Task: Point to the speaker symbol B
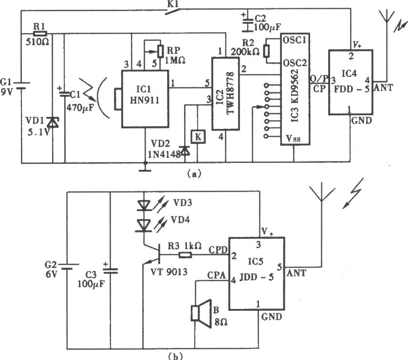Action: click(201, 313)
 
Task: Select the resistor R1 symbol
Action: click(40, 33)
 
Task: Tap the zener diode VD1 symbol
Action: click(53, 122)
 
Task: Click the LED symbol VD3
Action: click(144, 205)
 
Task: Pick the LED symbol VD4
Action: click(144, 225)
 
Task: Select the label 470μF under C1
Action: click(80, 108)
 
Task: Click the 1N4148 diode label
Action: click(164, 154)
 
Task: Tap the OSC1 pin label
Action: click(295, 40)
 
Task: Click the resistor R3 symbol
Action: click(185, 255)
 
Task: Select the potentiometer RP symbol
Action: click(161, 51)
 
